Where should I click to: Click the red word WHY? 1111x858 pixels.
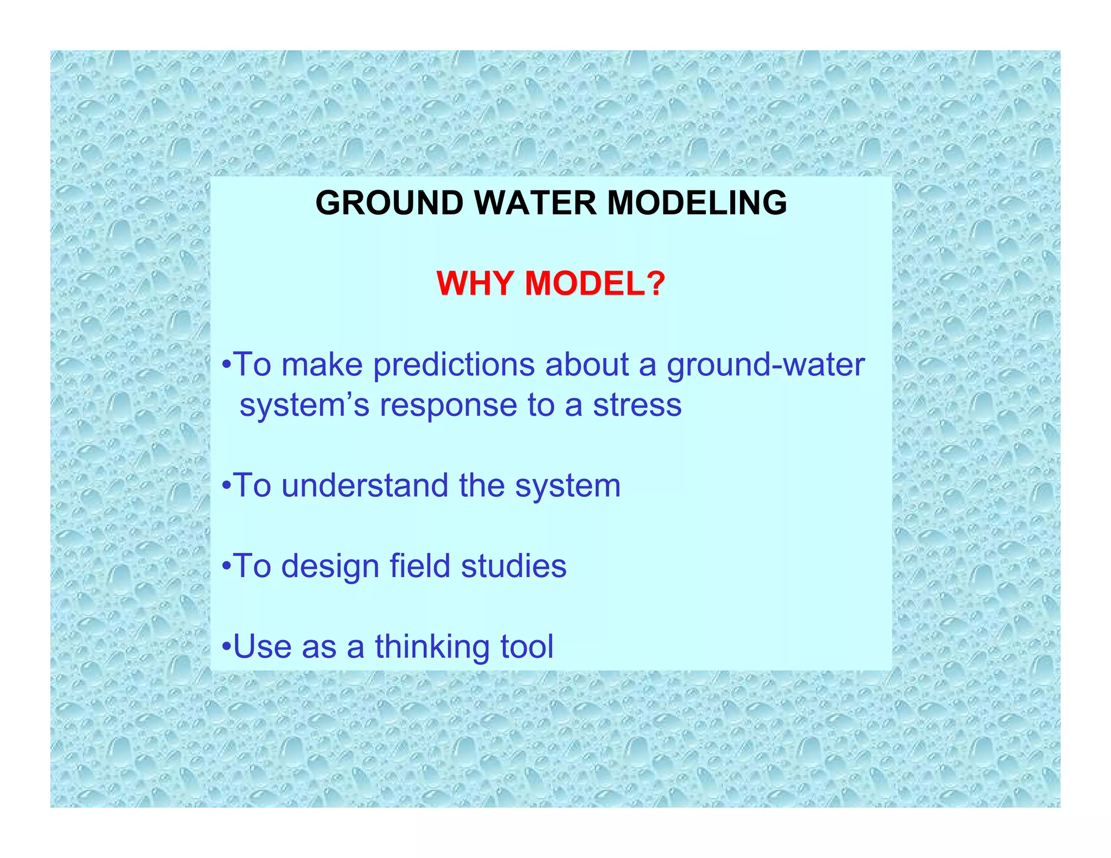click(x=475, y=284)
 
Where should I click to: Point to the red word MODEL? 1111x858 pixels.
click(x=595, y=284)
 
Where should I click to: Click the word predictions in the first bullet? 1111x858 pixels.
click(x=454, y=364)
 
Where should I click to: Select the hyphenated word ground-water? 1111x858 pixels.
click(x=765, y=366)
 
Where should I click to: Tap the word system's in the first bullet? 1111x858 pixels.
click(x=304, y=406)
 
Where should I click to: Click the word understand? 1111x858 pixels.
click(x=365, y=485)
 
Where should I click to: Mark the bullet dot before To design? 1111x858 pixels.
click(x=227, y=567)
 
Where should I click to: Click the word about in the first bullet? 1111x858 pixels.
click(x=586, y=364)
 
